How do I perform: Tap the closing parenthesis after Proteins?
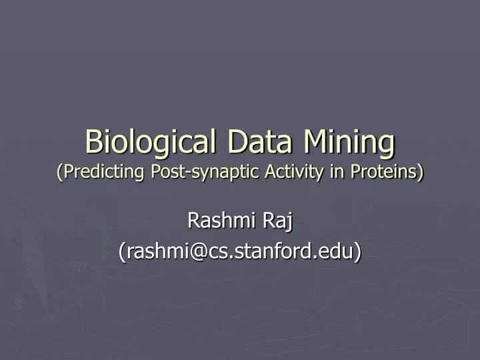click(x=421, y=171)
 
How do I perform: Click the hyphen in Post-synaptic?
click(x=191, y=173)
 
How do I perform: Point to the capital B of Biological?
click(x=93, y=141)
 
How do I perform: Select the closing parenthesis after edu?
click(x=358, y=251)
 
